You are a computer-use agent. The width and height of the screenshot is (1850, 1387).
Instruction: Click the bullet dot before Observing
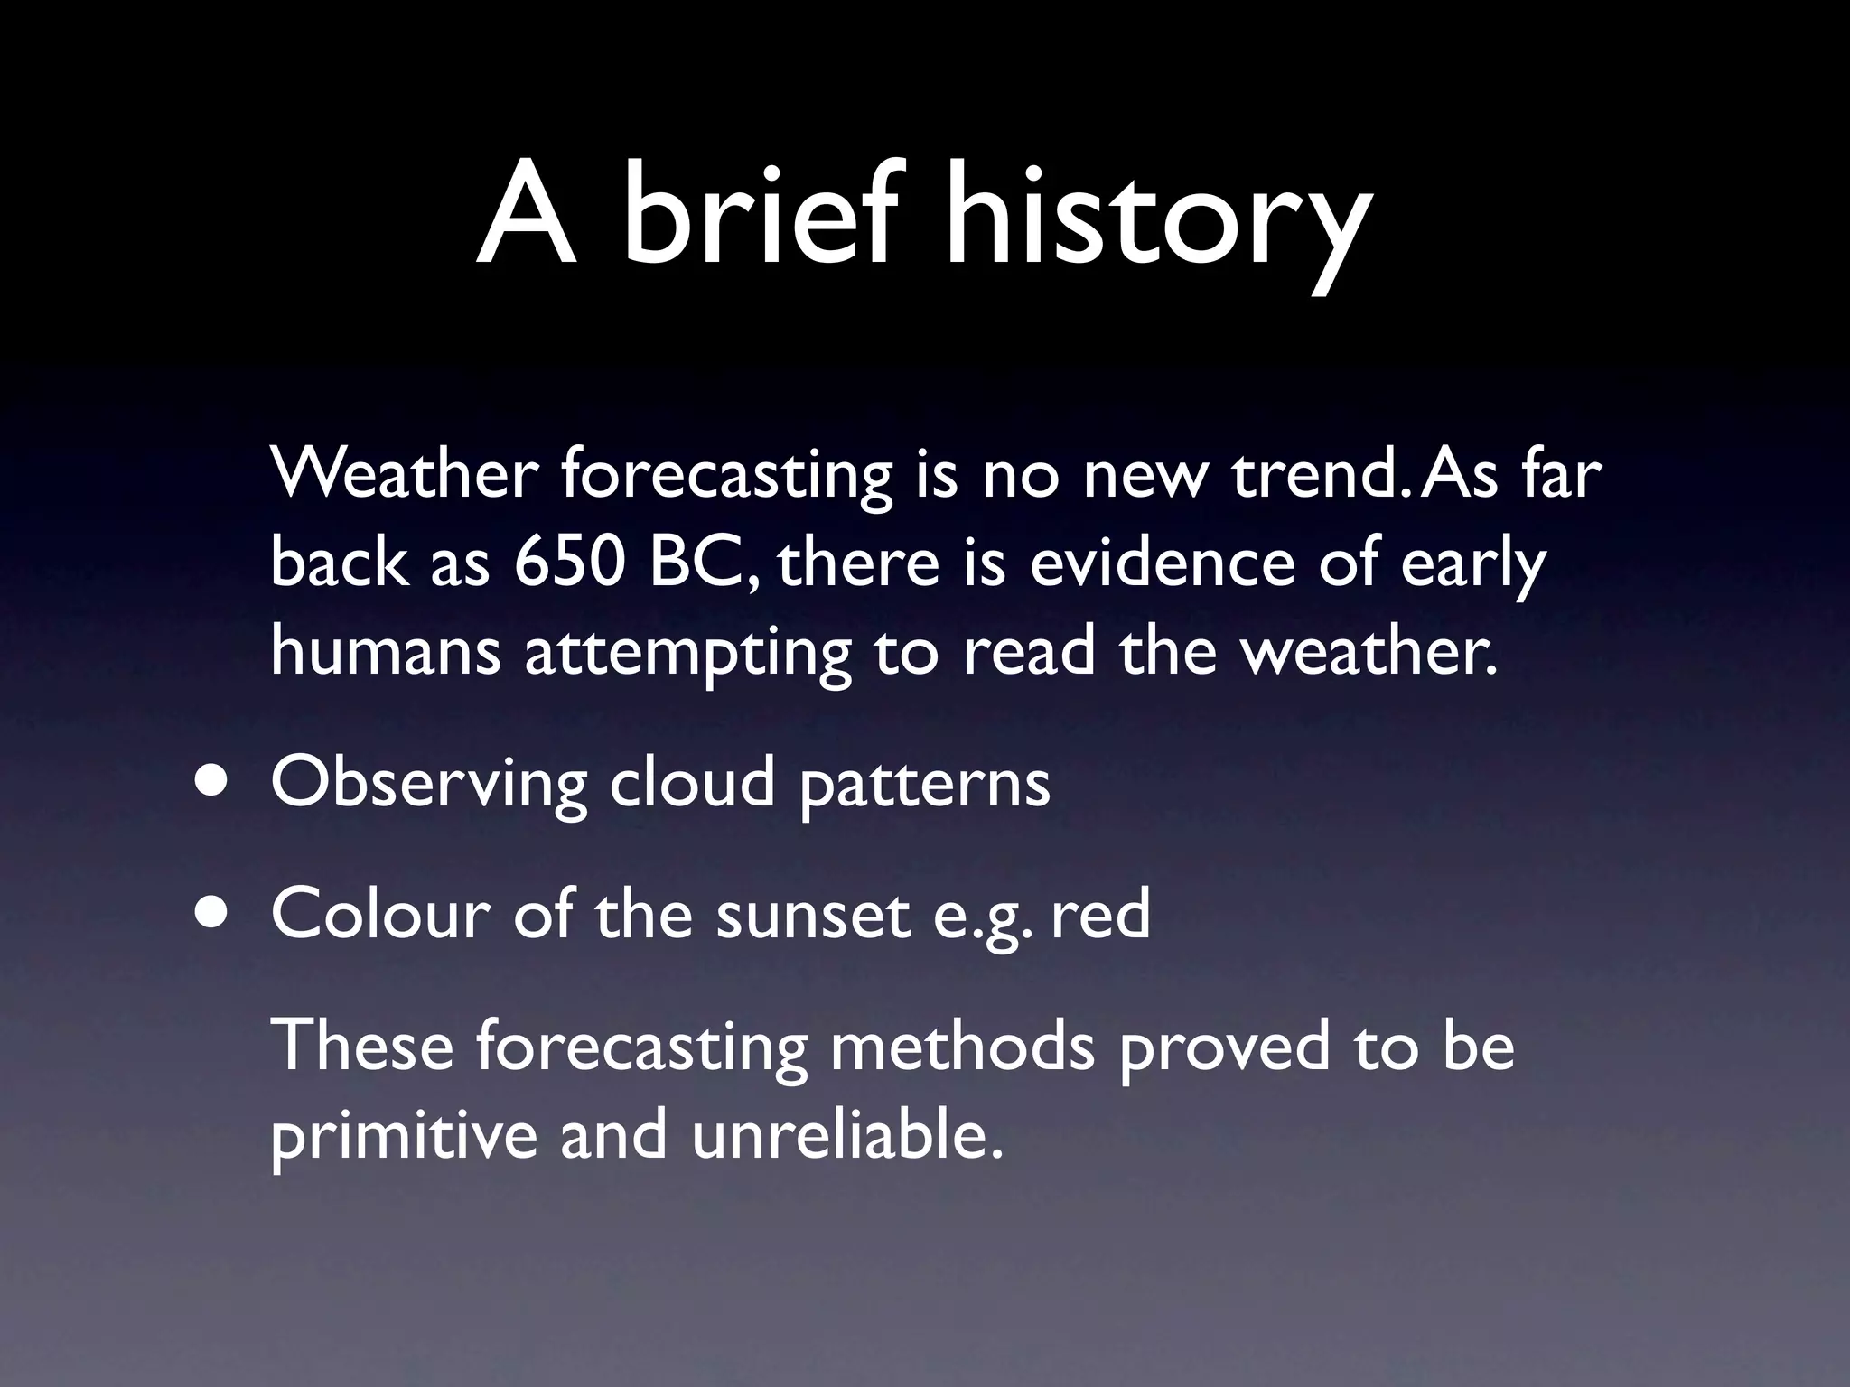pos(210,782)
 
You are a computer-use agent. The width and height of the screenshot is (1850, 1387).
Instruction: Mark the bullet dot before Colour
pos(210,913)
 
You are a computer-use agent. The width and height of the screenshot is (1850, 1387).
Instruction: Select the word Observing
pos(429,784)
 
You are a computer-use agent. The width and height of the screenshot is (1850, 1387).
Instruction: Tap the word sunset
pos(812,915)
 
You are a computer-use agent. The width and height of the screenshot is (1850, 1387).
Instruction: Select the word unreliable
pos(847,1134)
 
